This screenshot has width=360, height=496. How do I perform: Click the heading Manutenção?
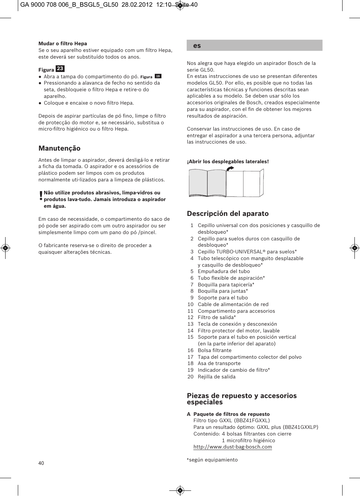(x=59, y=148)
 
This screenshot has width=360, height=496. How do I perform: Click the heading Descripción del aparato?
(x=228, y=214)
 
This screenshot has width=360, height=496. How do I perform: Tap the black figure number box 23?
(x=60, y=69)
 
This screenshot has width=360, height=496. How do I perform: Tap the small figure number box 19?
(x=158, y=76)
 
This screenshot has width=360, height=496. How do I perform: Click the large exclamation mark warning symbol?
(x=41, y=196)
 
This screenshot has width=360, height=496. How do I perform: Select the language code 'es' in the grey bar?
(x=197, y=46)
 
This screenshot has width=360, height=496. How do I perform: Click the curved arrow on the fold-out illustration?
(x=230, y=168)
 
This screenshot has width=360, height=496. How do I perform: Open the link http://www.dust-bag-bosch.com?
(x=232, y=447)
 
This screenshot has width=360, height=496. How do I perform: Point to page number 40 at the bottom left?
(x=41, y=463)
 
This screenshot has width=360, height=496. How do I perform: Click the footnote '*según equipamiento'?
(x=212, y=460)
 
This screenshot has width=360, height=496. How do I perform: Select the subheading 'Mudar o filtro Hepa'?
(x=63, y=43)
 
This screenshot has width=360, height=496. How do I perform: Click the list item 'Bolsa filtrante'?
(x=215, y=350)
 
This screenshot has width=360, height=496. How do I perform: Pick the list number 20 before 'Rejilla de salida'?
(x=190, y=377)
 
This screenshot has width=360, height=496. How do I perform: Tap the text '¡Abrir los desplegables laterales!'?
(x=228, y=161)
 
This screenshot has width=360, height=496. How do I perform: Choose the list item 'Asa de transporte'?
(x=219, y=364)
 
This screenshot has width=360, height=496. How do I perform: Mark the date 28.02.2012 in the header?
(x=137, y=5)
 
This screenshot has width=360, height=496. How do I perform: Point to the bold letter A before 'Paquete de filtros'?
(x=189, y=414)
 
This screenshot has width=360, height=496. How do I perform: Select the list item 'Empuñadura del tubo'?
(x=223, y=271)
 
